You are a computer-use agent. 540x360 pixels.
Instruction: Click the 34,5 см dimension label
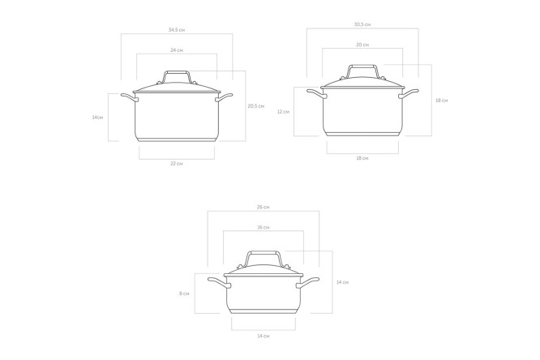176,30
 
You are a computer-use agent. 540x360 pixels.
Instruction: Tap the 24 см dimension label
176,50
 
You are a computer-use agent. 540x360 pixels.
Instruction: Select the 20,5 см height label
256,106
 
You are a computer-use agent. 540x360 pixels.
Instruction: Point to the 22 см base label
176,164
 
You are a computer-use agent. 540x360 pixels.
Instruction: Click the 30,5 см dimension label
362,24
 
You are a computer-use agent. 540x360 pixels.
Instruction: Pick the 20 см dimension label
362,45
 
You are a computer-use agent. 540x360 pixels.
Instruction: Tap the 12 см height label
283,112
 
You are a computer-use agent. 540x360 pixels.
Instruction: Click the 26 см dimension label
264,207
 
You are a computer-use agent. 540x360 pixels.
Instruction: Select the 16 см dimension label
264,227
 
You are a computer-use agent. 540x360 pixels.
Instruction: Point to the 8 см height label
184,294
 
